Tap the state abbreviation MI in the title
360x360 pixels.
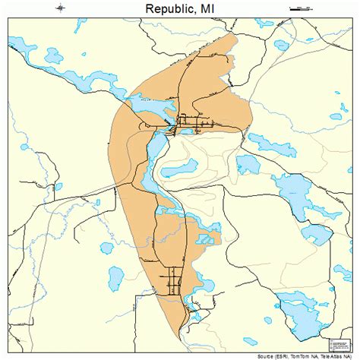(208, 9)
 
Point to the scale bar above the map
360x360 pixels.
(302, 8)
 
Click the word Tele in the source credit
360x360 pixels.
(327, 356)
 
